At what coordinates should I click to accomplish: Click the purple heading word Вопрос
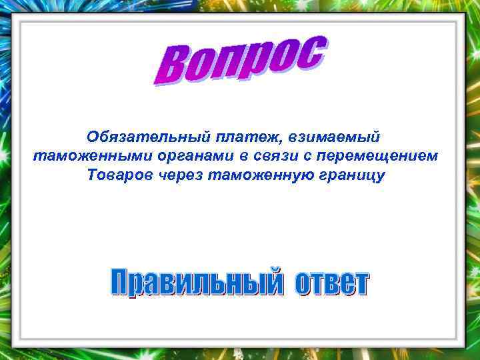click(240, 61)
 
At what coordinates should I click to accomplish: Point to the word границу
click(353, 175)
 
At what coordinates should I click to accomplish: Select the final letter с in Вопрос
click(312, 51)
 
